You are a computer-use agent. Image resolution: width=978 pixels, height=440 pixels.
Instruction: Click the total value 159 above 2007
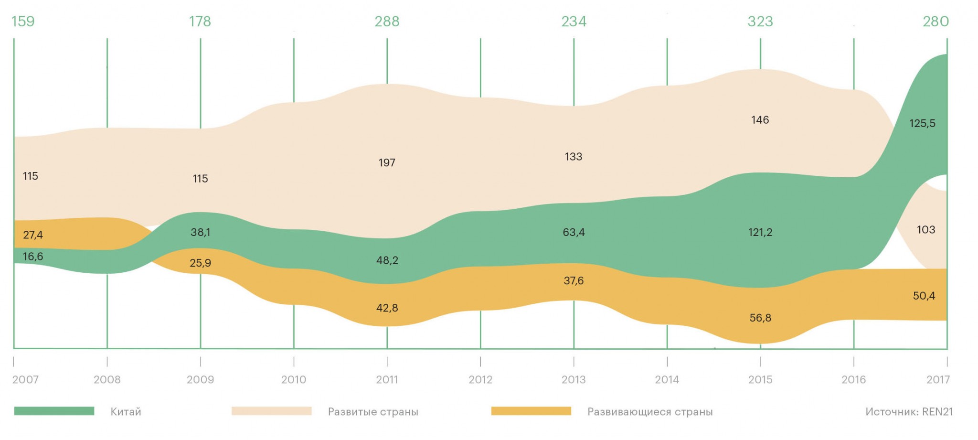pyautogui.click(x=23, y=21)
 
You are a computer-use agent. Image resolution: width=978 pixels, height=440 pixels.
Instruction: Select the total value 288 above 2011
pyautogui.click(x=387, y=21)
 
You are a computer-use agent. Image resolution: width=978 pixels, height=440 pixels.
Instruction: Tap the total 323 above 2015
pyautogui.click(x=760, y=21)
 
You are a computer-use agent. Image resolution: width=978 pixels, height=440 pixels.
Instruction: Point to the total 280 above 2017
pyautogui.click(x=935, y=21)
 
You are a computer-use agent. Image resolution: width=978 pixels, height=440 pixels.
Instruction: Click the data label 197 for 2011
pyautogui.click(x=387, y=163)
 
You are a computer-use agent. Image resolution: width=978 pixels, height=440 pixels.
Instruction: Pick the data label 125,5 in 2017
pyautogui.click(x=922, y=124)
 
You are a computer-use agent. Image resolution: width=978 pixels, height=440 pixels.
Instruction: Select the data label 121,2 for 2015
pyautogui.click(x=760, y=233)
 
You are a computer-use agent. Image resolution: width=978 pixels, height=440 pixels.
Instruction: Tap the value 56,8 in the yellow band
pyautogui.click(x=760, y=318)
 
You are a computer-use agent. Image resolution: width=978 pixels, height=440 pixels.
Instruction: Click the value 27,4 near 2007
pyautogui.click(x=33, y=235)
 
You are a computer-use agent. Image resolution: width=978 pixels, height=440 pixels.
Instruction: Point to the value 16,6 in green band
pyautogui.click(x=33, y=257)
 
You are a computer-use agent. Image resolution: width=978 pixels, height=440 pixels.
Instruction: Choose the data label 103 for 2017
pyautogui.click(x=925, y=230)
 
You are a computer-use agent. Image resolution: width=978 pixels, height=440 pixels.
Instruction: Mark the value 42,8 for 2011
pyautogui.click(x=387, y=308)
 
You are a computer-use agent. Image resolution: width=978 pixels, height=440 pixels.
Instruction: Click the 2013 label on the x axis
pyautogui.click(x=574, y=380)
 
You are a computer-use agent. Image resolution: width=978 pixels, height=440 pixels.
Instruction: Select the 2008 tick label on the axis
pyautogui.click(x=107, y=380)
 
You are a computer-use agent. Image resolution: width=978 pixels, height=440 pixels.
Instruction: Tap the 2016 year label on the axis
pyautogui.click(x=853, y=380)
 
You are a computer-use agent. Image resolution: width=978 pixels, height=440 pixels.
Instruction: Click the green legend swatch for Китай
pyautogui.click(x=54, y=411)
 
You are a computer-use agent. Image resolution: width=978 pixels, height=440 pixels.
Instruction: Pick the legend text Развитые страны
pyautogui.click(x=373, y=412)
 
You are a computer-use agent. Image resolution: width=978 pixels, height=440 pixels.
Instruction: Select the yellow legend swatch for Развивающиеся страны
pyautogui.click(x=531, y=411)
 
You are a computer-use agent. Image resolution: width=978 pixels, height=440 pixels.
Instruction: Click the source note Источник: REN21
pyautogui.click(x=909, y=412)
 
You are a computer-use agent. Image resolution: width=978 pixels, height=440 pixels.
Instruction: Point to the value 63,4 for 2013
pyautogui.click(x=574, y=233)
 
